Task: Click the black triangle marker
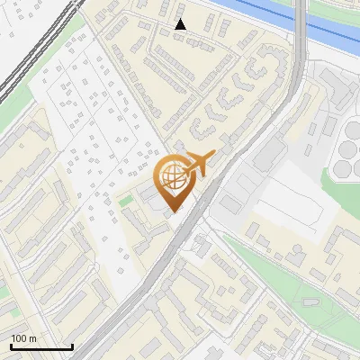181,24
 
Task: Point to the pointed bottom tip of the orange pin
173,211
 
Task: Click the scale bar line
40,346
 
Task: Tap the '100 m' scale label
23,338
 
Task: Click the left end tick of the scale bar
10,345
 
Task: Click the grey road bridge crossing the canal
300,22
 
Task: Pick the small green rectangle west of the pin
125,200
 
